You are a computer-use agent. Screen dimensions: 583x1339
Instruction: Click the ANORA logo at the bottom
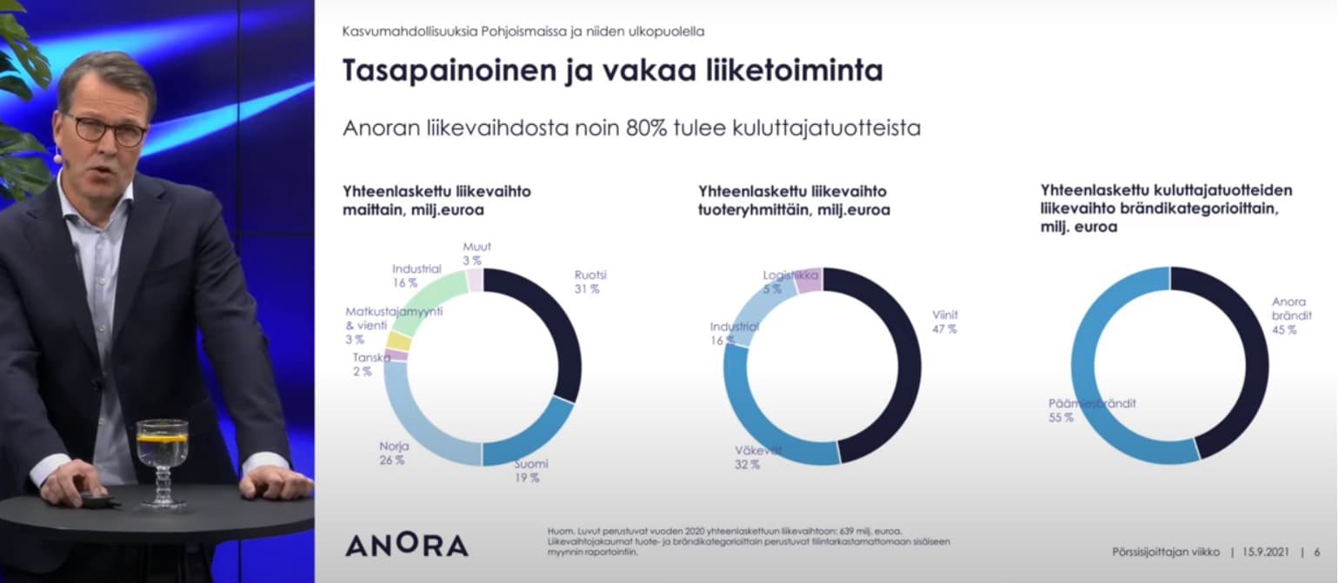pos(406,545)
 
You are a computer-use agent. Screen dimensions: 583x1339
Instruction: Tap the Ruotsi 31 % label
pos(590,282)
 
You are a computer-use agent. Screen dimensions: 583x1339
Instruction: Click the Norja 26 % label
pos(393,454)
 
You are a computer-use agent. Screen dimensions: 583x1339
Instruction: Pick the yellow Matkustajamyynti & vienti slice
pos(398,341)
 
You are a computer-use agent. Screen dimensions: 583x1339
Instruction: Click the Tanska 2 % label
pos(370,364)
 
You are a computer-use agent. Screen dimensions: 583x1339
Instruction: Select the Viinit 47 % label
pos(944,321)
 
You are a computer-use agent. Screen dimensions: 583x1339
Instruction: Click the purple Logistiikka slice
pos(808,280)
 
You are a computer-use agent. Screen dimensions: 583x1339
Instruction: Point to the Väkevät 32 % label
pos(747,457)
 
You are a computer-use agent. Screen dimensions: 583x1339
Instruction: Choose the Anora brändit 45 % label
pos(1290,315)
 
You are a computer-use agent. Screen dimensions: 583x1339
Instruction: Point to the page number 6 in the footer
pos(1317,552)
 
